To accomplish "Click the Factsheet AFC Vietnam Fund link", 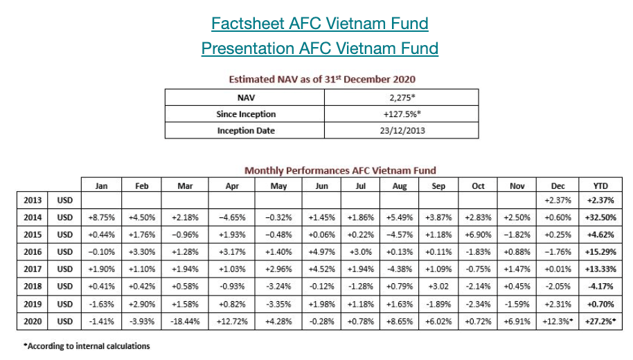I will point(319,24).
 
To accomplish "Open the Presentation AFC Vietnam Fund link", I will point(319,48).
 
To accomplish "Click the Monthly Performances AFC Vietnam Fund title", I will point(340,170).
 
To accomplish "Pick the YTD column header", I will point(600,186).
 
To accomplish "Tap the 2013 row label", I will point(33,201).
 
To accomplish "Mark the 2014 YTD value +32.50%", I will point(600,217).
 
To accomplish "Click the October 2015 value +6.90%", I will point(479,235).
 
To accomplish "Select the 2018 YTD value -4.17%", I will point(600,286).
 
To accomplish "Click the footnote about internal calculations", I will point(87,345).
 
